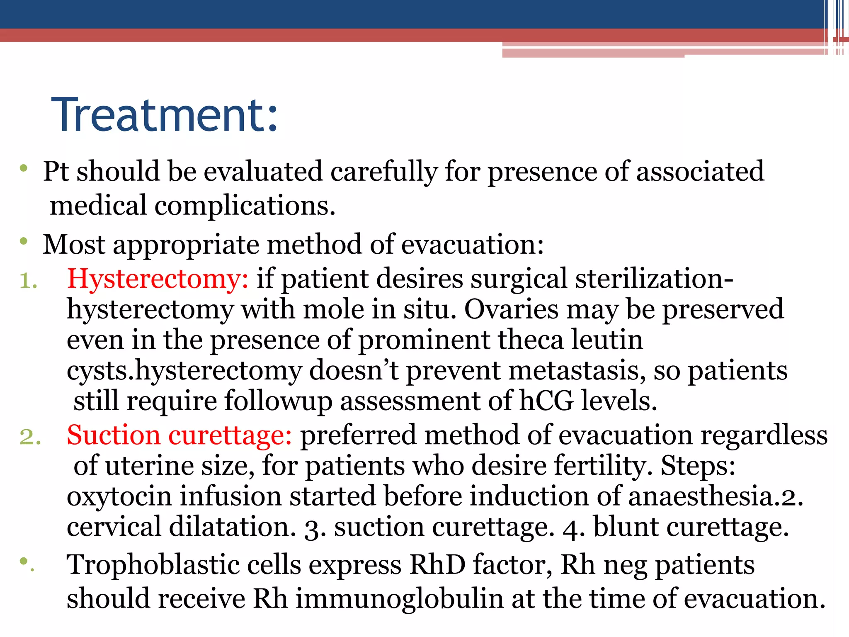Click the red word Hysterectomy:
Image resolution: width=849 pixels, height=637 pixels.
pos(158,279)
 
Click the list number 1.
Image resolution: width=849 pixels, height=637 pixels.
pos(28,281)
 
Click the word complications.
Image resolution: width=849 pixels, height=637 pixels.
pos(245,206)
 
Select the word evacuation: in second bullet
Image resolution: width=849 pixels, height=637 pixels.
pos(472,245)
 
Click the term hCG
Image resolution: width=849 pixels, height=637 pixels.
pos(546,401)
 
